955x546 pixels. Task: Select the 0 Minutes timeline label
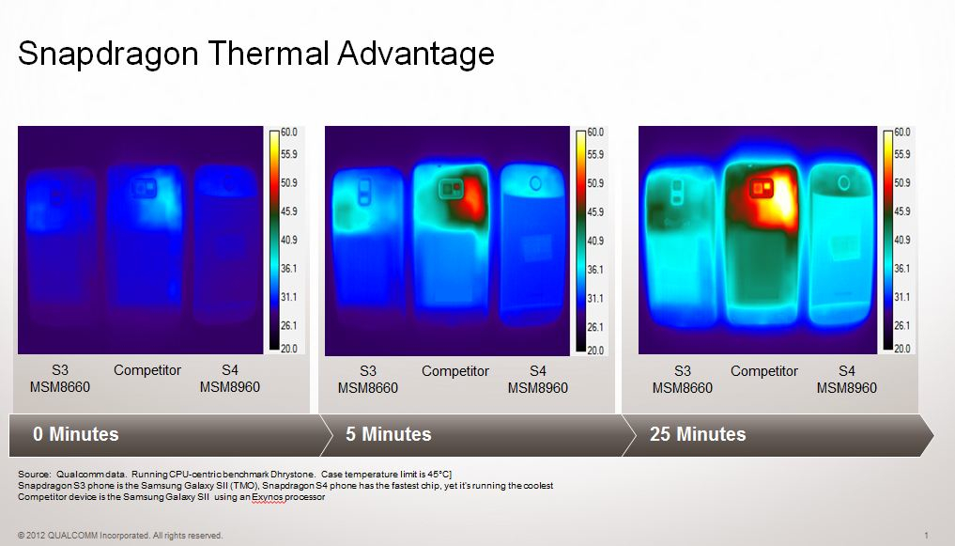[x=75, y=434]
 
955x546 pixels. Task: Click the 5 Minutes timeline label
[x=389, y=434]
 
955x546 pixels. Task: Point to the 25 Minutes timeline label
[x=698, y=434]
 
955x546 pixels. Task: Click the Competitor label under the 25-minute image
[x=763, y=371]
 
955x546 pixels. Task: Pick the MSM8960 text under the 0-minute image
[x=230, y=387]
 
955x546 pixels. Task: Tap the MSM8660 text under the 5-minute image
[x=368, y=388]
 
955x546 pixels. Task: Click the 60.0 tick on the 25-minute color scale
[x=902, y=133]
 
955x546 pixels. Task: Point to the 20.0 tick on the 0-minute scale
[x=288, y=349]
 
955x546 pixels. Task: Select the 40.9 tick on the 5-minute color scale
[x=595, y=241]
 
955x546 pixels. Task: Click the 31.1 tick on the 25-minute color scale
[x=902, y=297]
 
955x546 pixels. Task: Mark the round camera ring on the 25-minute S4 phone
[x=843, y=182]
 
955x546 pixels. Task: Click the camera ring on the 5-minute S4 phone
[x=535, y=183]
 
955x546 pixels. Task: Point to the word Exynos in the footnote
[x=268, y=497]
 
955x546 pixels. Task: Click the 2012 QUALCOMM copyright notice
[x=120, y=536]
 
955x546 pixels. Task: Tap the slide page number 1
[x=927, y=536]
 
